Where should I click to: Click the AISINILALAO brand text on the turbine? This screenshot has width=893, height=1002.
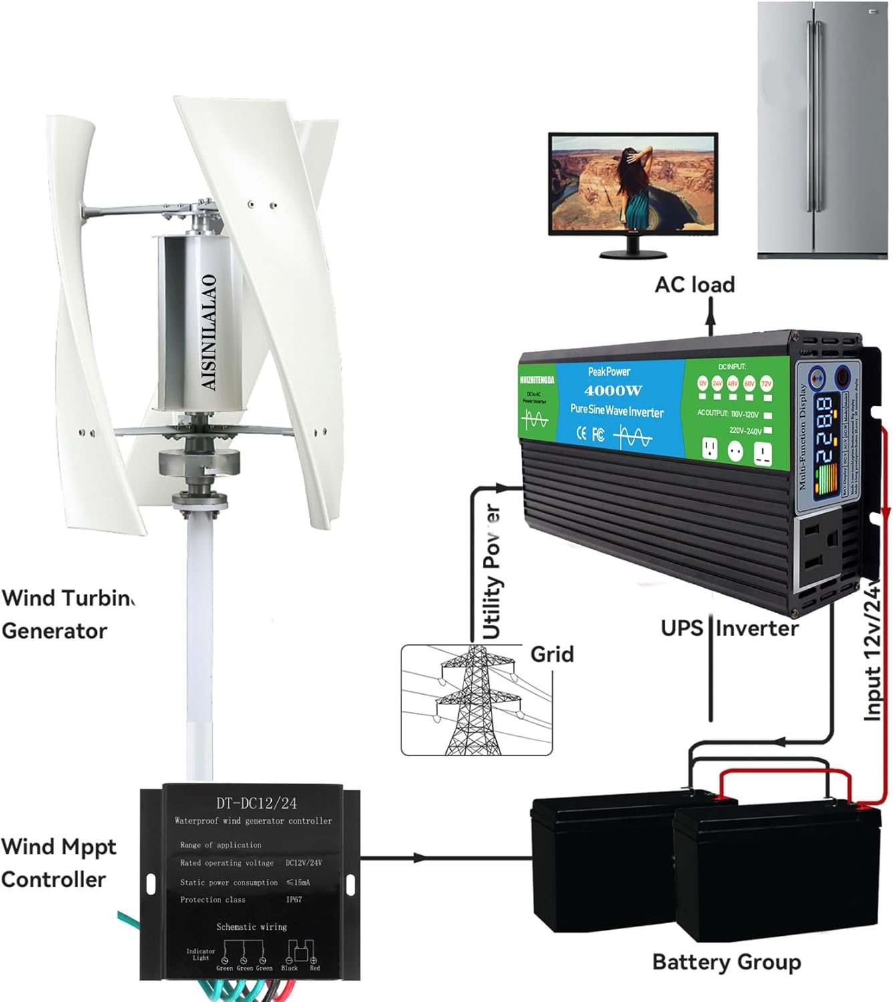point(209,332)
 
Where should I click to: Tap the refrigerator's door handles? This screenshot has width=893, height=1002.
point(814,117)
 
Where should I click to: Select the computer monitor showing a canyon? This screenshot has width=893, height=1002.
point(633,184)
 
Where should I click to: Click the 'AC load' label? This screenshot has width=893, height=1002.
point(695,285)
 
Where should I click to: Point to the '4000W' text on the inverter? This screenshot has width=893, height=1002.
point(613,391)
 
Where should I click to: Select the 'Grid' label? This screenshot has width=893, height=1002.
point(552,654)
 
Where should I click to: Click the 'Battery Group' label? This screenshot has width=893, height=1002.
point(726,962)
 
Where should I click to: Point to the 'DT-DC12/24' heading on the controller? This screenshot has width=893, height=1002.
point(256,803)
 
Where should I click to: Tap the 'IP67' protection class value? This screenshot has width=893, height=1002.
point(294,900)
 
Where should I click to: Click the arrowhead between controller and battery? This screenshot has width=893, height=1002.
point(419,858)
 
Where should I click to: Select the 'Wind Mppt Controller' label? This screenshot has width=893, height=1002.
point(59,863)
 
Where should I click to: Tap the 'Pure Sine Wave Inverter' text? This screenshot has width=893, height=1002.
point(616,411)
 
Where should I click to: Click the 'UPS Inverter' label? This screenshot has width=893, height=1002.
point(729,629)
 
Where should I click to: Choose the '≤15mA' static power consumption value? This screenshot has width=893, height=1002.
point(298,882)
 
